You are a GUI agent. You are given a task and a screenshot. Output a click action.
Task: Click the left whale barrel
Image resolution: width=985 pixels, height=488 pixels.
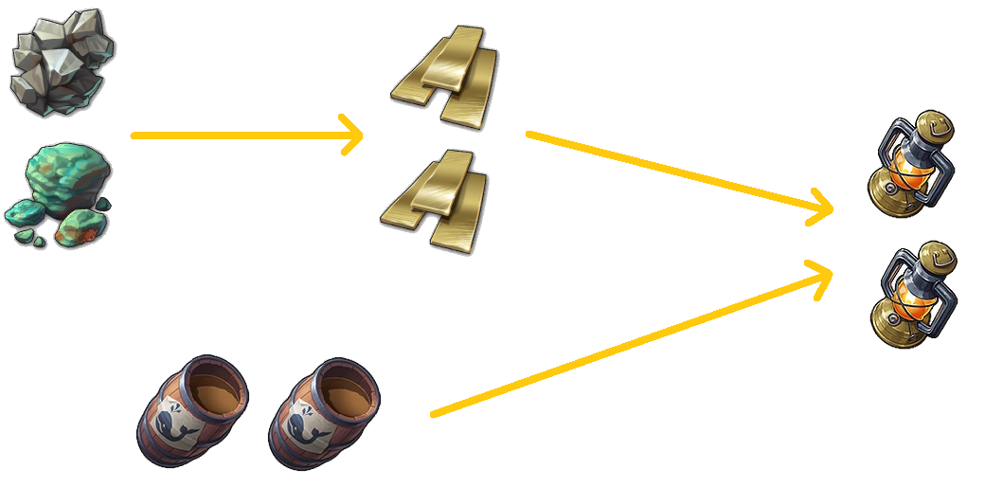coord(194,412)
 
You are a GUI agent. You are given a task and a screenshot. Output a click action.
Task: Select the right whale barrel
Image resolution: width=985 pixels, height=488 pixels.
coord(325,412)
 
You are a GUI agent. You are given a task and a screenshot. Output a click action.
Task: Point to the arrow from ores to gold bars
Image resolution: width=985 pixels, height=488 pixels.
coord(246,136)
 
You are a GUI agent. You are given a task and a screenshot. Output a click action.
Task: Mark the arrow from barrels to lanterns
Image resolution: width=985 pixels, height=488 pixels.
coord(630,342)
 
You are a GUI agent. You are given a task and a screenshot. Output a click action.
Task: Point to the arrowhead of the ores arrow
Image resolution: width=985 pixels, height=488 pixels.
coord(356,136)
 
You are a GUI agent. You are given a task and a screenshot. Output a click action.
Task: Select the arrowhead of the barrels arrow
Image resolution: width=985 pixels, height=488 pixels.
coord(822,275)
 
